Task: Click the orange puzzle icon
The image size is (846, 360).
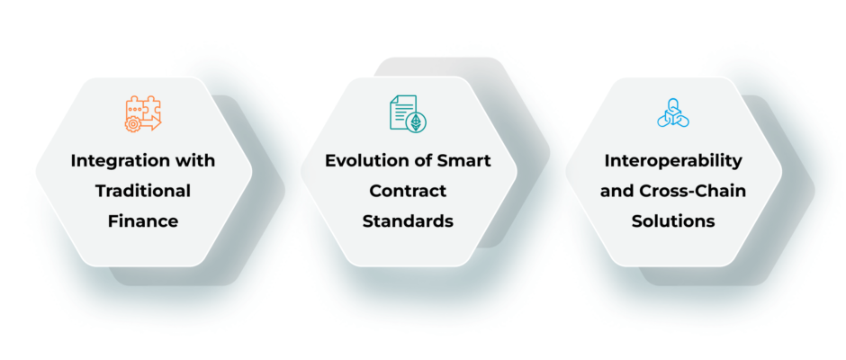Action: [x=143, y=114]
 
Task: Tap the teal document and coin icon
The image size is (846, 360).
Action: [x=408, y=114]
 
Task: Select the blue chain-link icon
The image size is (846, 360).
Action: [x=673, y=112]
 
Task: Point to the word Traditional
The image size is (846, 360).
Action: [x=143, y=191]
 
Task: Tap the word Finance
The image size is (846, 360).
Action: [x=143, y=221]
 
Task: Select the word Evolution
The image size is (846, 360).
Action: [x=359, y=161]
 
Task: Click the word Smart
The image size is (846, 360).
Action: [x=467, y=161]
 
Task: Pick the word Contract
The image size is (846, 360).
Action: [x=408, y=191]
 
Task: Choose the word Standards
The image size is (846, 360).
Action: [x=408, y=221]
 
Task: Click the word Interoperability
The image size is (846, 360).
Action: [x=673, y=161]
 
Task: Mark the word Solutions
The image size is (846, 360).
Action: [x=673, y=221]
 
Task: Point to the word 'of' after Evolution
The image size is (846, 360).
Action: [x=418, y=161]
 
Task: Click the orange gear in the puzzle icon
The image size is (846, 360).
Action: [x=131, y=125]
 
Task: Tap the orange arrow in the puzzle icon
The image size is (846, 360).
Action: [x=151, y=123]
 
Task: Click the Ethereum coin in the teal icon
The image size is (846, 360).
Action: [x=416, y=123]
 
